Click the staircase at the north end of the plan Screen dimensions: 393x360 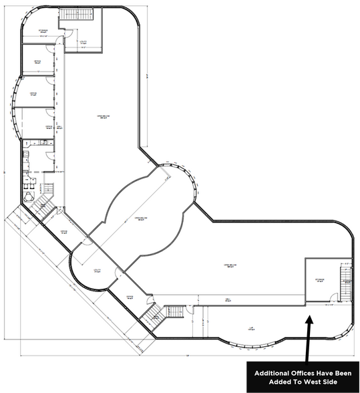coord(71,16)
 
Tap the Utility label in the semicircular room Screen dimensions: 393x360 coord(98,271)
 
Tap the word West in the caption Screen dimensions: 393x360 coord(316,382)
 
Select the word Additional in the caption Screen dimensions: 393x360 coord(271,373)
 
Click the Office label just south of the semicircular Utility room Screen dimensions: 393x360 coord(130,297)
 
